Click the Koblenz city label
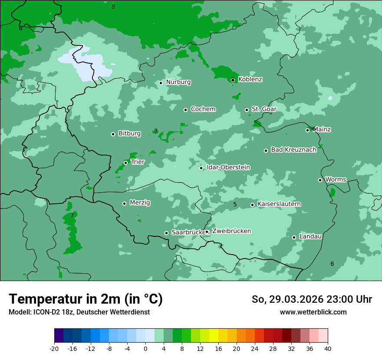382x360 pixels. point(250,79)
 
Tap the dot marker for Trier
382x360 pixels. point(125,163)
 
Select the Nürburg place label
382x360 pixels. point(178,82)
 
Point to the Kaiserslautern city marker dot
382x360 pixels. point(252,205)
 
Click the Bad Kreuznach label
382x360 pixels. point(293,150)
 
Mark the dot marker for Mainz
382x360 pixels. point(307,130)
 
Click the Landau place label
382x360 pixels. point(310,236)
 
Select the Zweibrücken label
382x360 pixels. point(231,231)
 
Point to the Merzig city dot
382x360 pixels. point(124,203)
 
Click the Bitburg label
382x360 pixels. point(129,134)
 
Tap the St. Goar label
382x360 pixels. point(264,109)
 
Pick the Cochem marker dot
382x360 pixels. point(185,110)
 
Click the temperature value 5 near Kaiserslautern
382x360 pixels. point(235,204)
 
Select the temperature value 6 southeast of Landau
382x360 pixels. point(332,264)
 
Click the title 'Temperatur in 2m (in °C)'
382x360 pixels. point(86,299)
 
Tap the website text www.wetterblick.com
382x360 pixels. point(313,312)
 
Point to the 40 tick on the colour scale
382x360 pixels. point(328,349)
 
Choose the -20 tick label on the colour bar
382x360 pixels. point(54,349)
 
